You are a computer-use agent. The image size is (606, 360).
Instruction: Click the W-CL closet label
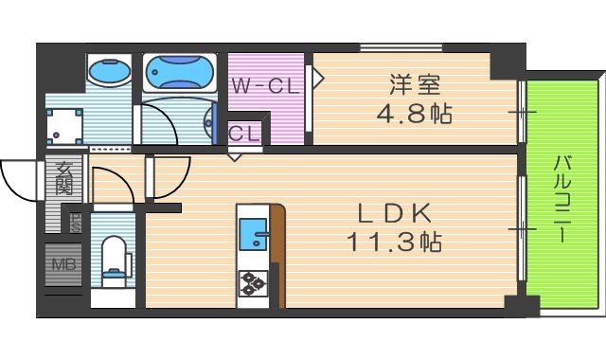[x=266, y=86]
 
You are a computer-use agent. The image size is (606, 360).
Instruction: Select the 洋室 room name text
[x=413, y=85]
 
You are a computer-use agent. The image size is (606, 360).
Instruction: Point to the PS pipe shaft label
[x=74, y=225]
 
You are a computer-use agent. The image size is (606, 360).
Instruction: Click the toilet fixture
[x=115, y=263]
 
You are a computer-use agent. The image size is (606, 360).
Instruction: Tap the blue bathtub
[x=180, y=71]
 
